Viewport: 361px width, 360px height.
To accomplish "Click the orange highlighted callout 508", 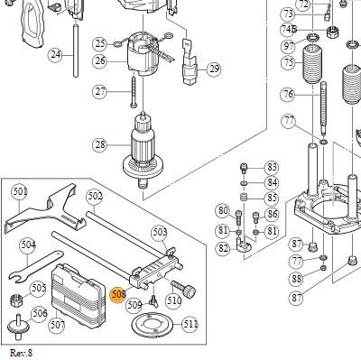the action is [118, 294].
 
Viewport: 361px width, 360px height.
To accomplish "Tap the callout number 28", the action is [100, 144].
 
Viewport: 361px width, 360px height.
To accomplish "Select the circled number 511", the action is [190, 325].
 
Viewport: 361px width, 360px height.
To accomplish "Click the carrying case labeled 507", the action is [79, 295].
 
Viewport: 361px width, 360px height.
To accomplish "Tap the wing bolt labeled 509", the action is [153, 301].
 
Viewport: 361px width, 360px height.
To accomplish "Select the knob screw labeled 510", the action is [183, 288].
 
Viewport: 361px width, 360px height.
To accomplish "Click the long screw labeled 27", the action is [134, 92].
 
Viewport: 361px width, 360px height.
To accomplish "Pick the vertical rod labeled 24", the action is [76, 51].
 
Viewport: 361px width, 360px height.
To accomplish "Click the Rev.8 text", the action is [21, 353].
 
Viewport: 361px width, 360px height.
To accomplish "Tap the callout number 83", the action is [272, 167].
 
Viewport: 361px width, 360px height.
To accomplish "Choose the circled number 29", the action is [214, 69].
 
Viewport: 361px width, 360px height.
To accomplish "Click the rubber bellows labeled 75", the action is [312, 64].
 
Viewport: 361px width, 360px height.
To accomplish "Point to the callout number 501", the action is [20, 191].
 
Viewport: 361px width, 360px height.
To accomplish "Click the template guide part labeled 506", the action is [19, 324].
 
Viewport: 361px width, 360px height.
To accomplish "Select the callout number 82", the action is [223, 249].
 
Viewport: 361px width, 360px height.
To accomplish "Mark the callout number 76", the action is [288, 95].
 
